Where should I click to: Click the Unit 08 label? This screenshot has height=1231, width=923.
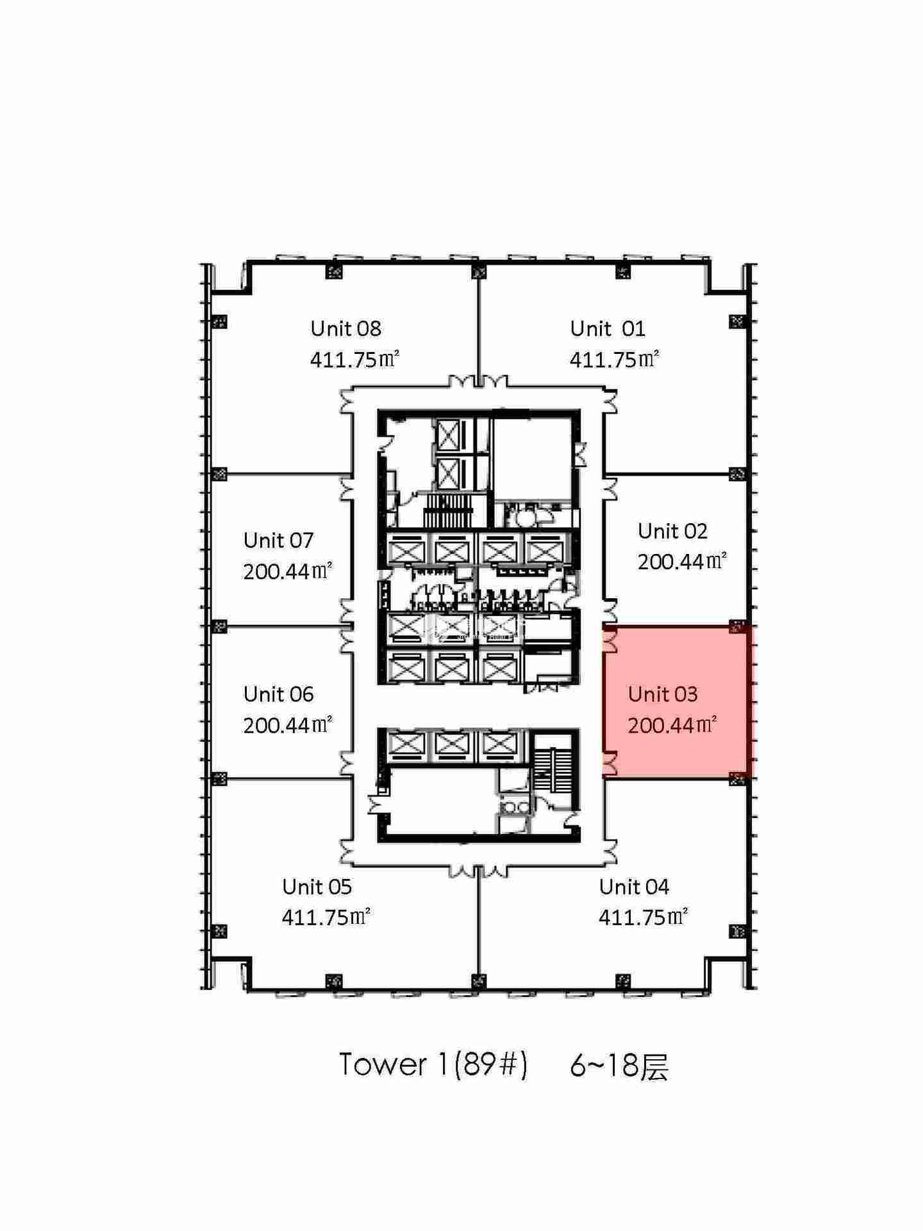coord(345,328)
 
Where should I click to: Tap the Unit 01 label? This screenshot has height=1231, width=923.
coord(608,328)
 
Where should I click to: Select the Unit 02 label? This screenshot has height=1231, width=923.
coord(672,531)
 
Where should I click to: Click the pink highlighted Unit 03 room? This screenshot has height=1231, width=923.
coord(676,703)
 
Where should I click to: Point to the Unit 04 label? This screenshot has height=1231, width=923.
coord(634,887)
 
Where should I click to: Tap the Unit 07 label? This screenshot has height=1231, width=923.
coord(278,540)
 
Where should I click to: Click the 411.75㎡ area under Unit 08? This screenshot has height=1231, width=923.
coord(355,359)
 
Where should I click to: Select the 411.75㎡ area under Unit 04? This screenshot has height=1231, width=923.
coord(644,917)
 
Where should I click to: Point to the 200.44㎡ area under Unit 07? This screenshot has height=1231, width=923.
coord(288,571)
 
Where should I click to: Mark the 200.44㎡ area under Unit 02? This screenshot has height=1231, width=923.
coord(682,562)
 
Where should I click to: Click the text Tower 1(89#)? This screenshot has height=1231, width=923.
coord(433,1064)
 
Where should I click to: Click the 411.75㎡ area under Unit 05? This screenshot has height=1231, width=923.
coord(326,917)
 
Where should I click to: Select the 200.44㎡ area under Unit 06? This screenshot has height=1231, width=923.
coord(288,724)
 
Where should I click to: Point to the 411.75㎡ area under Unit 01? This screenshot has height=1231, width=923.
coord(615,359)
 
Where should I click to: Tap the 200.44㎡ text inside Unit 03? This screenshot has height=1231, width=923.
coord(672,724)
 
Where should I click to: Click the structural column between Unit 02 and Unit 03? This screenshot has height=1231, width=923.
coord(738,626)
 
